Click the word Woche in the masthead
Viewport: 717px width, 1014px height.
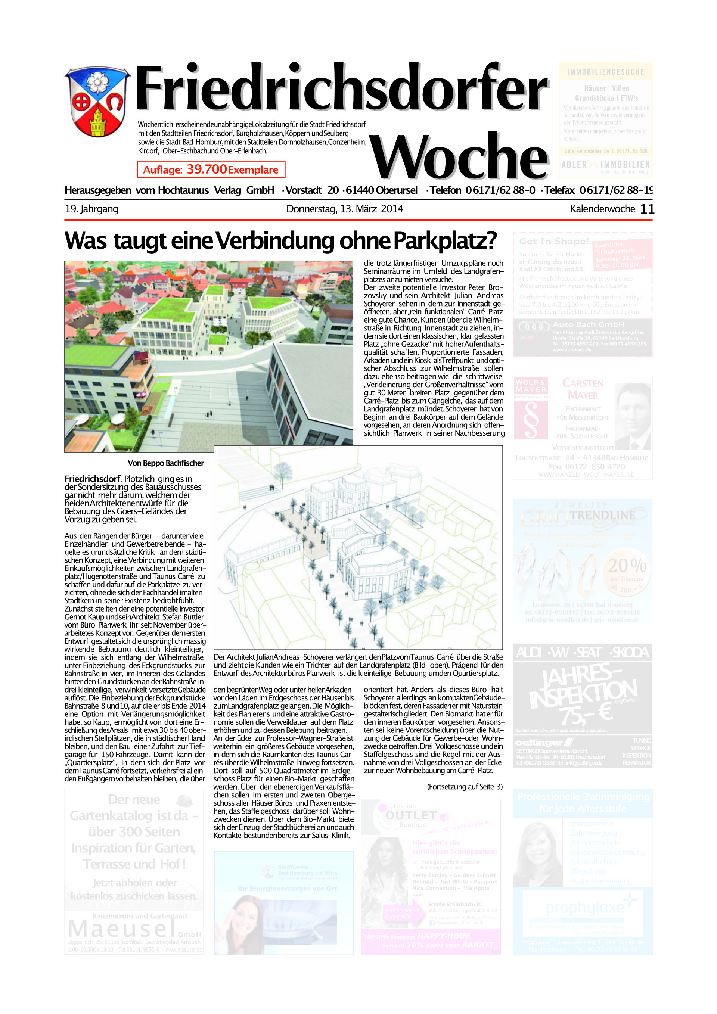coord(459,157)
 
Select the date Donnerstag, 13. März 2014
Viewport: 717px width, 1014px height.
coord(345,209)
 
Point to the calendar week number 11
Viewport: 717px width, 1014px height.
coord(647,209)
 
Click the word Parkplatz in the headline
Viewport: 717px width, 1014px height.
coord(445,241)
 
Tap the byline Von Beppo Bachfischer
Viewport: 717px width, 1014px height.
coord(166,463)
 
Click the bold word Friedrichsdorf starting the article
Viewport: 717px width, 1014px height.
coord(92,479)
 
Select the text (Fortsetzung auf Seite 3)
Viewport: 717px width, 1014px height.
coord(465,787)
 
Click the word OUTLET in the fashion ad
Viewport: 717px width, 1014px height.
coord(411,815)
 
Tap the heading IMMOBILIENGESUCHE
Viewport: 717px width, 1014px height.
coord(605,72)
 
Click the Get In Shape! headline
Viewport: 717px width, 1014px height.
coord(553,242)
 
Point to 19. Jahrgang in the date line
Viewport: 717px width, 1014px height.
coord(91,209)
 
